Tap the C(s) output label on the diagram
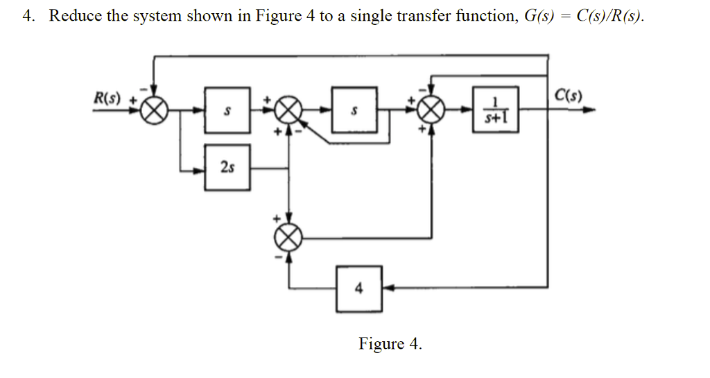569,95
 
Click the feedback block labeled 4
358,288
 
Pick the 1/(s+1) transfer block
495,110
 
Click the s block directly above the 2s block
227,110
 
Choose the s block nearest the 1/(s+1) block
354,110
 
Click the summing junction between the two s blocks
288,110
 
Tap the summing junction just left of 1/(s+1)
433,110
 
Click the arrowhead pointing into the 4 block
388,287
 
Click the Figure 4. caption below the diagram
390,343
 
